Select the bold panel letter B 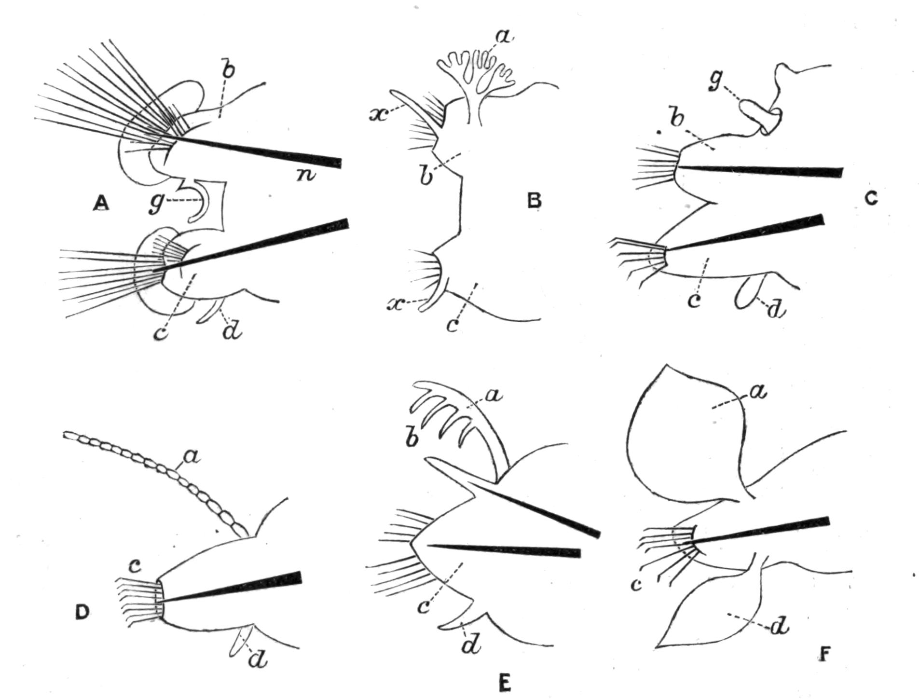point(534,200)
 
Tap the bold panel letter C point(870,198)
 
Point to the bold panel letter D point(82,612)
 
